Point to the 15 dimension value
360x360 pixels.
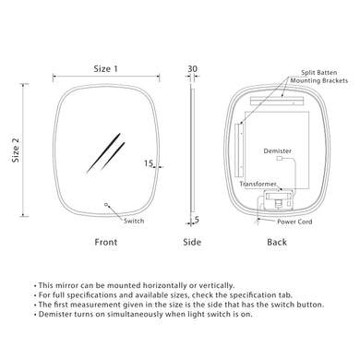point(149,163)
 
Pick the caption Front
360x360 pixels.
point(106,242)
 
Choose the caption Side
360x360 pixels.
point(192,242)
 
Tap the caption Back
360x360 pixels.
point(276,242)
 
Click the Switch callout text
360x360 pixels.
point(133,221)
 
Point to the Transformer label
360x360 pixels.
point(258,184)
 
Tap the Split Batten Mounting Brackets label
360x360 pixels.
point(319,76)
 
